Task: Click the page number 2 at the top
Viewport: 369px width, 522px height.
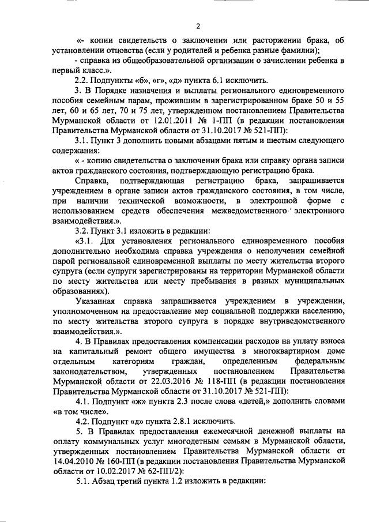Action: pyautogui.click(x=198, y=26)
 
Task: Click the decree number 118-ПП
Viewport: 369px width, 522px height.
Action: pyautogui.click(x=227, y=381)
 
